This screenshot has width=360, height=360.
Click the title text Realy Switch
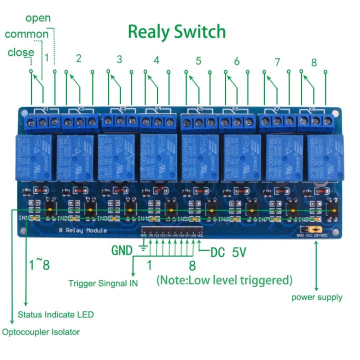[176, 32]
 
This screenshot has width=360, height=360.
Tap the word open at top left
[38, 18]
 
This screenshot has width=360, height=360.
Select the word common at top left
[26, 34]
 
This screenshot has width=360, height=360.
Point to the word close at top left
[21, 52]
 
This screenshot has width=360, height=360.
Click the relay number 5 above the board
[198, 61]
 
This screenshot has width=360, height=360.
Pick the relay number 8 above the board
[314, 63]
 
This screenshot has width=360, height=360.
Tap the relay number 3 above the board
[119, 59]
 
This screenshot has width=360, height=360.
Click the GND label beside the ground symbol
[122, 250]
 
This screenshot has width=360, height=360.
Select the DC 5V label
[228, 252]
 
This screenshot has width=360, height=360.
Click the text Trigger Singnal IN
[103, 283]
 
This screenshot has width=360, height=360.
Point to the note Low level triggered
[224, 280]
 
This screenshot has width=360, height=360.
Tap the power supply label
[317, 297]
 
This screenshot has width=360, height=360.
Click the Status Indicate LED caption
[55, 315]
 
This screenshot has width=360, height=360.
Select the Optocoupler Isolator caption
[41, 331]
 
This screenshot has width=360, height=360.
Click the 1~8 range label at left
[39, 264]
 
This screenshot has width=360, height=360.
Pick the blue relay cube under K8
[323, 156]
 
